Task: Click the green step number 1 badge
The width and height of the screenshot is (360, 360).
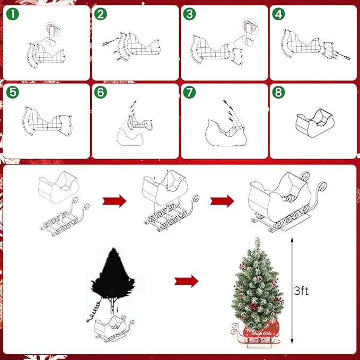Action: [11, 14]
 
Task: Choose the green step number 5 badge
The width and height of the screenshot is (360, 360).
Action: [11, 92]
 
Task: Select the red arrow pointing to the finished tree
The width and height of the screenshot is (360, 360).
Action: [187, 280]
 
